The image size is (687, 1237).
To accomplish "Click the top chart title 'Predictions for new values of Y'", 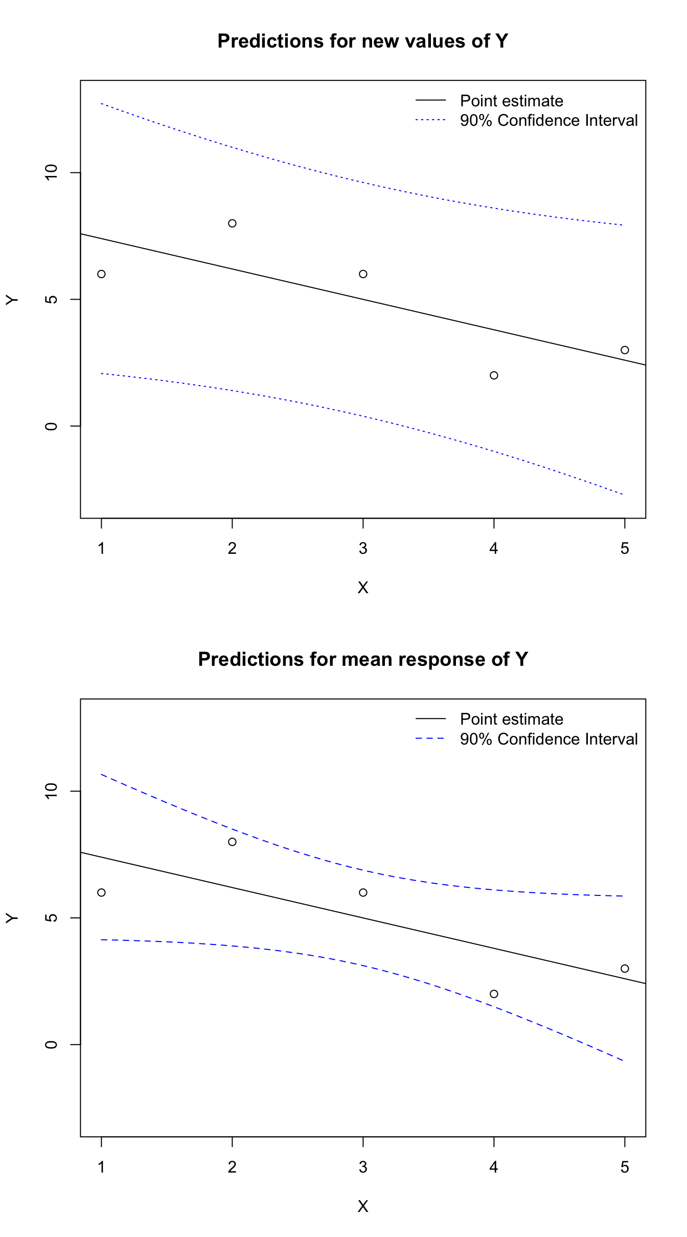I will pyautogui.click(x=362, y=41).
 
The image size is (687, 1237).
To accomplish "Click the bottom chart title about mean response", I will pyautogui.click(x=362, y=660).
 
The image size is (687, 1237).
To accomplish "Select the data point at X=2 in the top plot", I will pyautogui.click(x=232, y=223).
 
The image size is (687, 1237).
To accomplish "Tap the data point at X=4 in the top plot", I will pyautogui.click(x=494, y=375).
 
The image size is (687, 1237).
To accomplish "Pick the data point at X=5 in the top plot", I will pyautogui.click(x=625, y=350).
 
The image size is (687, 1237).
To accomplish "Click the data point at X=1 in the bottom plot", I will pyautogui.click(x=101, y=892).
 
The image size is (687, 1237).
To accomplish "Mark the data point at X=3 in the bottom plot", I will pyautogui.click(x=363, y=892).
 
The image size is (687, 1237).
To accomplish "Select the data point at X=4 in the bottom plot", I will pyautogui.click(x=494, y=994).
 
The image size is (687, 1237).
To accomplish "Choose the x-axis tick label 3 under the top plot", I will pyautogui.click(x=363, y=549).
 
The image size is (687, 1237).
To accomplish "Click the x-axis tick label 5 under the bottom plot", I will pyautogui.click(x=625, y=1167).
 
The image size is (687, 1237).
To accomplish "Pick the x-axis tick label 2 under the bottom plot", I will pyautogui.click(x=232, y=1167).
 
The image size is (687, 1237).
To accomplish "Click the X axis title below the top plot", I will pyautogui.click(x=363, y=588).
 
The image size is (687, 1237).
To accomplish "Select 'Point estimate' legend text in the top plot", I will pyautogui.click(x=511, y=101).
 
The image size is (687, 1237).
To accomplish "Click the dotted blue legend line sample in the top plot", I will pyautogui.click(x=430, y=121).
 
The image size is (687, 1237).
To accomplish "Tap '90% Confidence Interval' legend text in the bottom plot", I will pyautogui.click(x=548, y=739).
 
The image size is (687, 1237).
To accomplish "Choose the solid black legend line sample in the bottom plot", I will pyautogui.click(x=430, y=719).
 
